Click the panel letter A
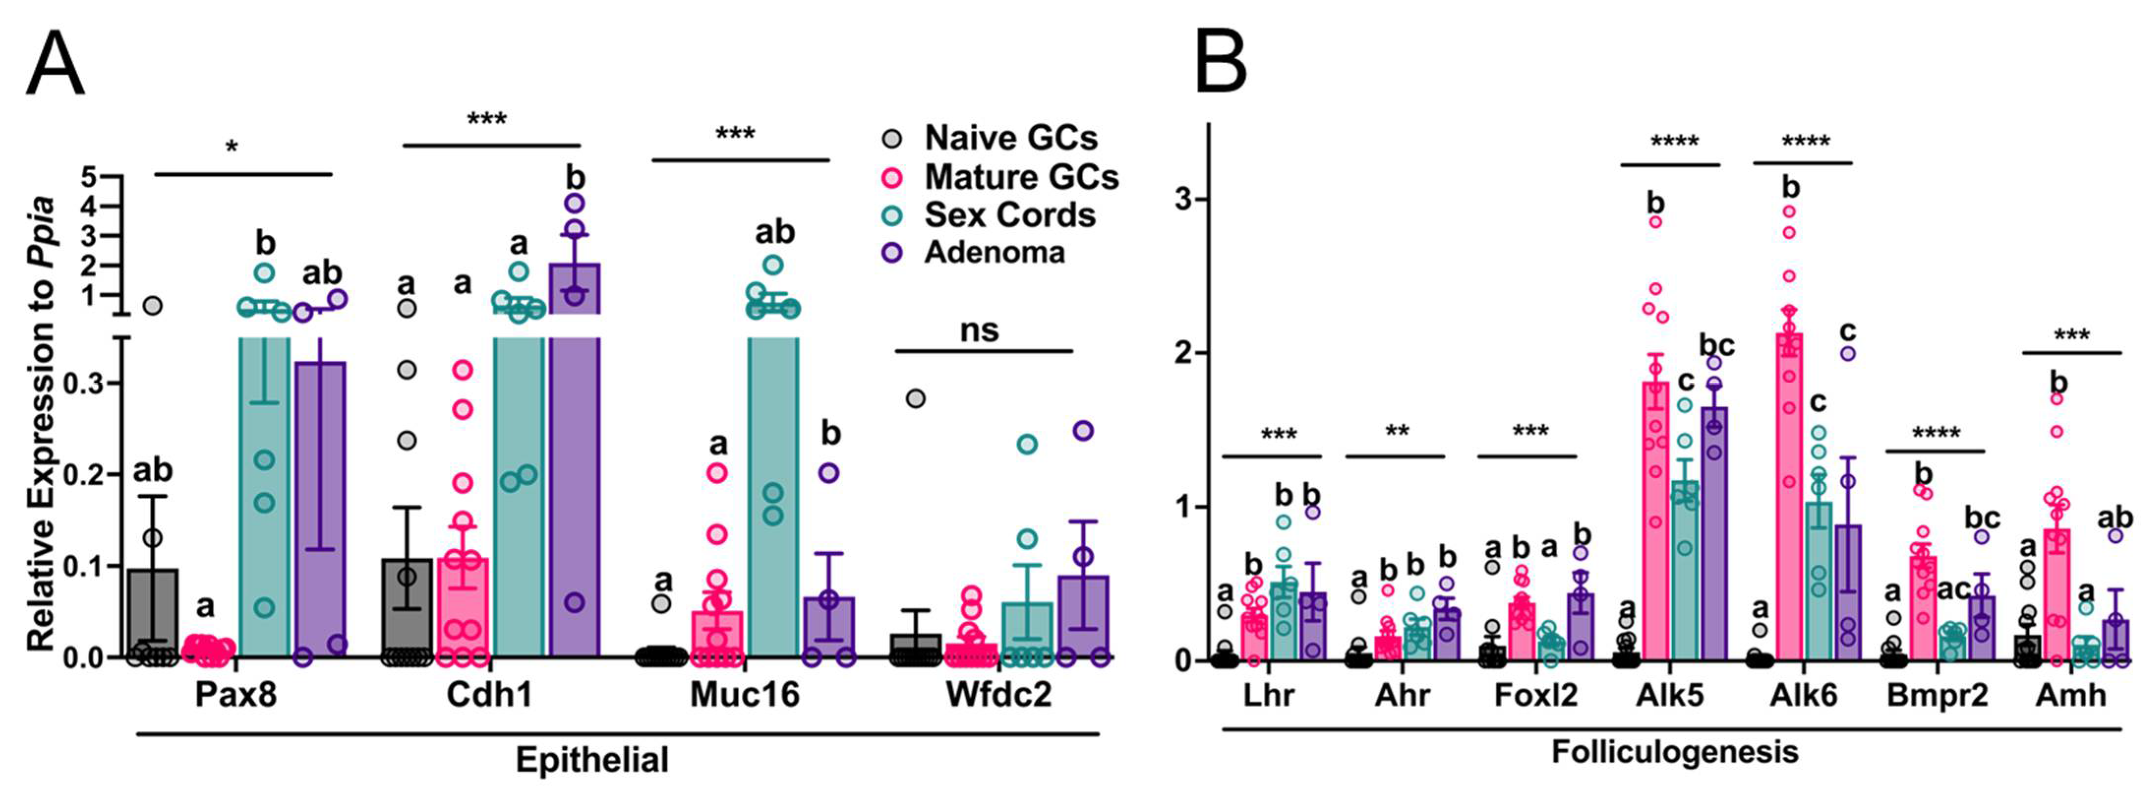coord(55,64)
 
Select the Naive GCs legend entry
coord(1010,138)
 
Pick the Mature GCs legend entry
coord(1020,177)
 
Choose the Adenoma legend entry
coord(994,252)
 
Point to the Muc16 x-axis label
coord(744,694)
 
